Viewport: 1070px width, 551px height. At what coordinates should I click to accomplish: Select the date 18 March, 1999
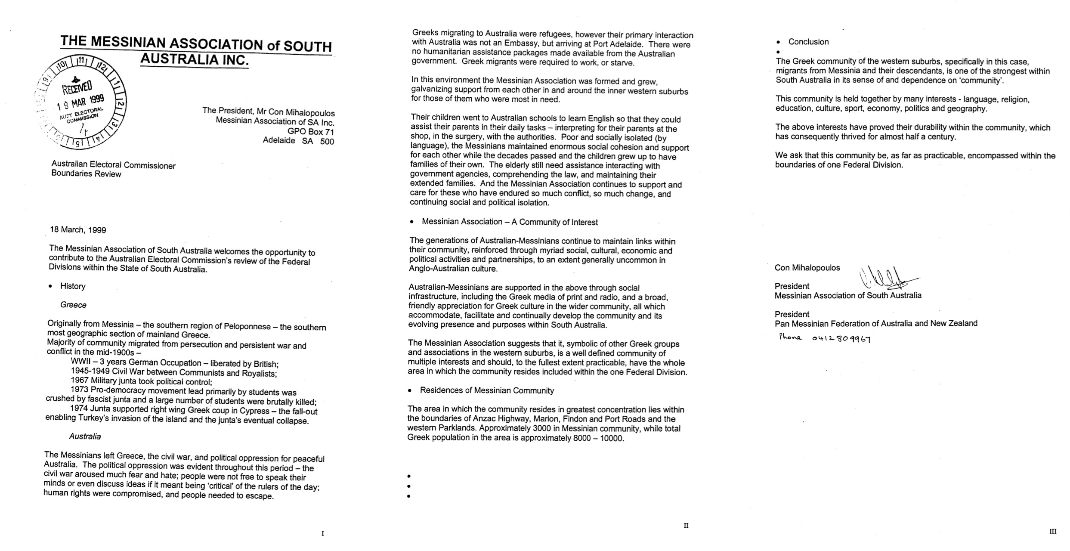[x=78, y=229]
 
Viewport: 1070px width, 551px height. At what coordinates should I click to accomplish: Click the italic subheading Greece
[x=73, y=305]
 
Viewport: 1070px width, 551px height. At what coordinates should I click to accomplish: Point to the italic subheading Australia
[x=85, y=436]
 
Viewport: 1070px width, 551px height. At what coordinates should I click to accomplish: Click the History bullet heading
[x=73, y=286]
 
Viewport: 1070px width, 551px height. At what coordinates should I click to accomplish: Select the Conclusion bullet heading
[x=808, y=42]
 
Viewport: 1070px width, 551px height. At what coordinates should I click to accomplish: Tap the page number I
[x=323, y=533]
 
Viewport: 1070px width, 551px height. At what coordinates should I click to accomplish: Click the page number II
[x=686, y=526]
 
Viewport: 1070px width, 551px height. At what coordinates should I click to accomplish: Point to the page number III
[x=1052, y=532]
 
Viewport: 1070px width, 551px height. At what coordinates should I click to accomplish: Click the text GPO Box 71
[x=311, y=132]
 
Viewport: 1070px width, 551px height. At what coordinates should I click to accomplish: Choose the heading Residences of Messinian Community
[x=486, y=390]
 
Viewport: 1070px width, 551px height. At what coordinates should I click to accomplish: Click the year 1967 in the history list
[x=80, y=381]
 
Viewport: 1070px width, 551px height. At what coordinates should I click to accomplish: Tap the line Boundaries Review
[x=86, y=174]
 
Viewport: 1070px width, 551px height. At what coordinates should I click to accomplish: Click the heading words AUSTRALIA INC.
[x=195, y=60]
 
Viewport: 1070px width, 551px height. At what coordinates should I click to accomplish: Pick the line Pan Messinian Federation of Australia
[x=876, y=323]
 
